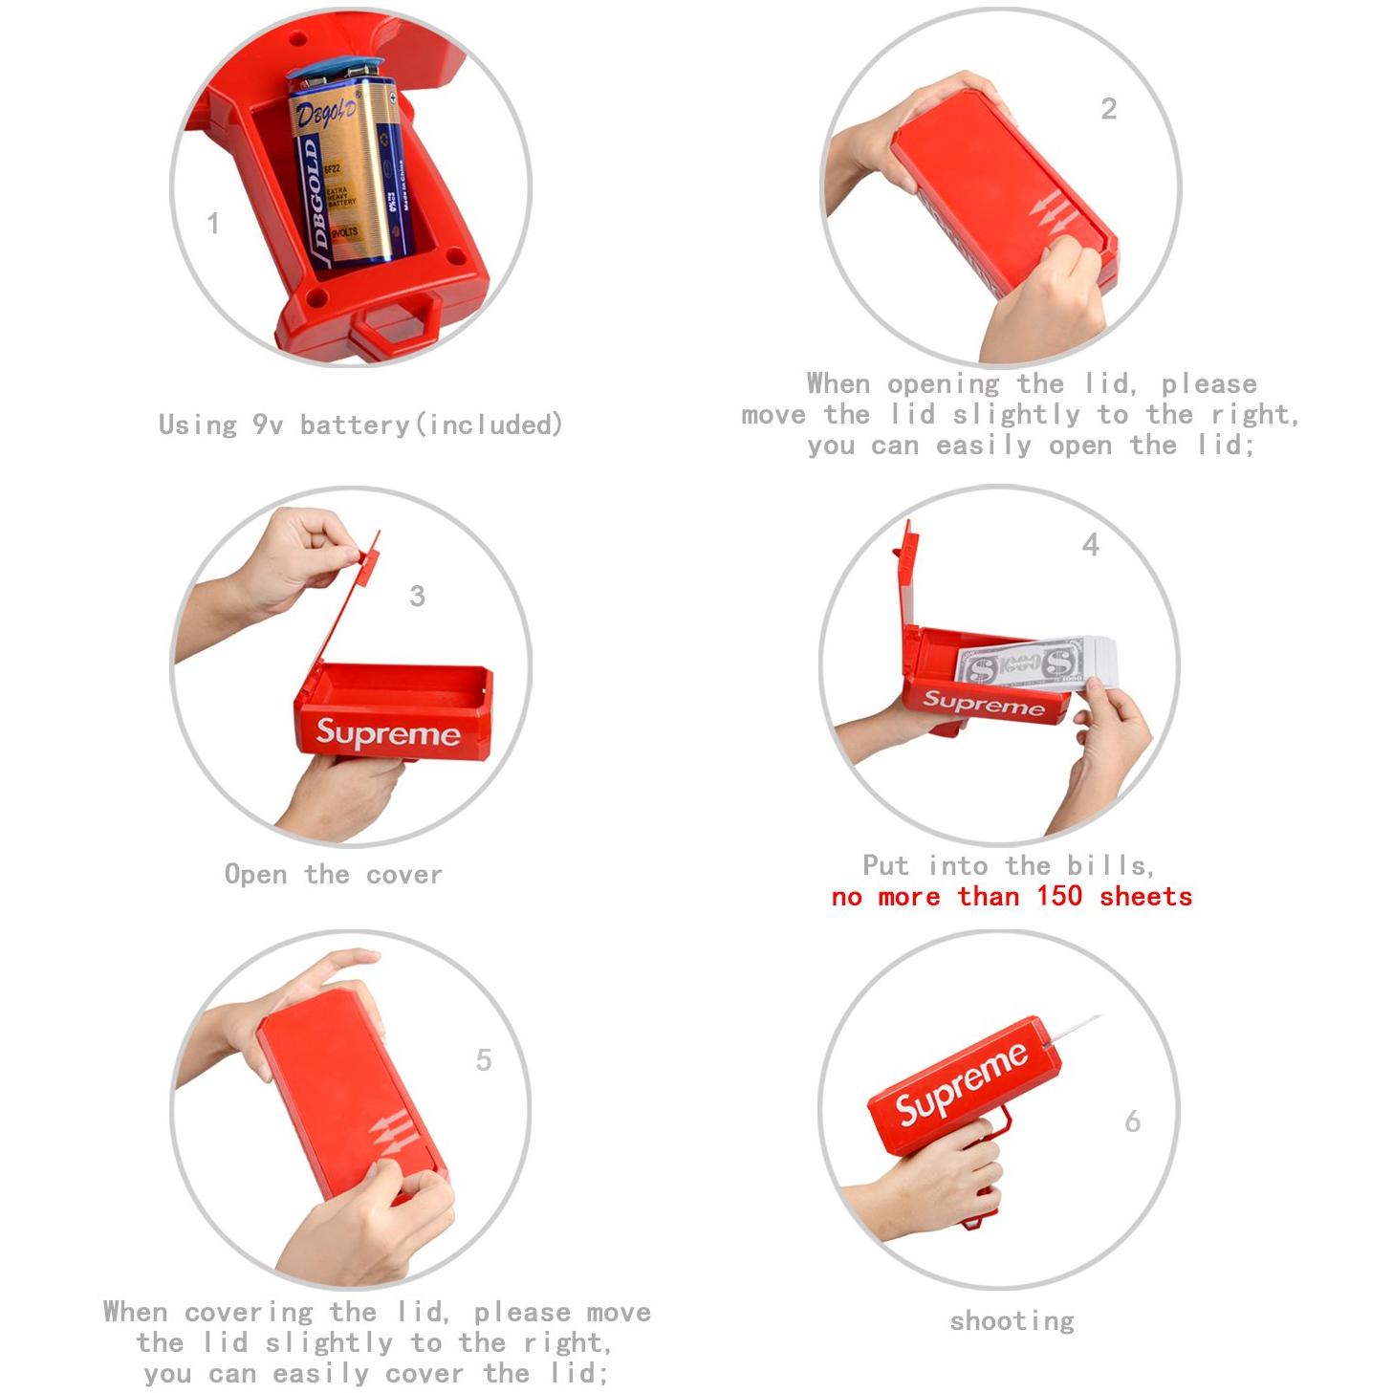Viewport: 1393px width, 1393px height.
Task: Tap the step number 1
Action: pyautogui.click(x=213, y=224)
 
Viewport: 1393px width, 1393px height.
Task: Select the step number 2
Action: pyautogui.click(x=1108, y=109)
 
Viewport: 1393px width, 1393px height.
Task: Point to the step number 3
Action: pyautogui.click(x=417, y=597)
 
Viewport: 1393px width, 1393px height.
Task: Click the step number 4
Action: pyautogui.click(x=1090, y=546)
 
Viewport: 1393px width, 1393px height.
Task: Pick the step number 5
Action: pyautogui.click(x=484, y=1060)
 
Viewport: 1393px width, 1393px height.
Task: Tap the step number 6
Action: pyautogui.click(x=1133, y=1121)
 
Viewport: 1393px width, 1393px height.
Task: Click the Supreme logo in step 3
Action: pyautogui.click(x=388, y=733)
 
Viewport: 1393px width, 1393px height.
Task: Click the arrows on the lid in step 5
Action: pyautogui.click(x=392, y=1134)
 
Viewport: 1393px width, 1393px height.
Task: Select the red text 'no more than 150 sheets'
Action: pyautogui.click(x=1012, y=897)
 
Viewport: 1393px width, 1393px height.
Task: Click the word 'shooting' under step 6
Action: pyautogui.click(x=1012, y=1321)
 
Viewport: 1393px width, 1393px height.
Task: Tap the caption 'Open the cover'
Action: pyautogui.click(x=333, y=874)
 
